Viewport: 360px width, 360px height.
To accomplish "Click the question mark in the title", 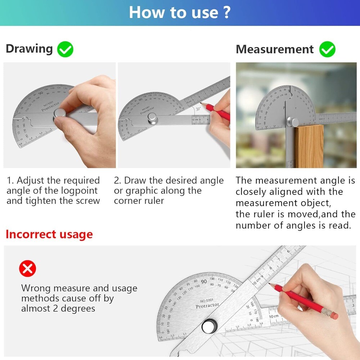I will click(x=226, y=12).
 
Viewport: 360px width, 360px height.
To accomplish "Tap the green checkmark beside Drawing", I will click(x=65, y=49).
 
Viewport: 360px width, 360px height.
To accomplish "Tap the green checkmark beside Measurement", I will click(x=327, y=49).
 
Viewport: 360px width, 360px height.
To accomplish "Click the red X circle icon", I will click(x=28, y=269).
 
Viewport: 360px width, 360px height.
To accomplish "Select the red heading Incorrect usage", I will click(x=49, y=234).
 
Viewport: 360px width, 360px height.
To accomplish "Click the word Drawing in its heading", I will click(x=29, y=49).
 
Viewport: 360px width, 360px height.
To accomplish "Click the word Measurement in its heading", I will click(x=275, y=49).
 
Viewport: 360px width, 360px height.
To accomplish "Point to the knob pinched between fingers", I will click(x=59, y=114).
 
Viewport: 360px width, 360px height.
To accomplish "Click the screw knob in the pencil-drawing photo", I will click(x=153, y=118).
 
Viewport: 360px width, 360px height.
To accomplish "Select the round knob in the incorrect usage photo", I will click(x=209, y=326).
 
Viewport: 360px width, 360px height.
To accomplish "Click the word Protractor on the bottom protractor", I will click(x=207, y=306).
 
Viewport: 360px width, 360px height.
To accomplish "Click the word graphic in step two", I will click(x=141, y=191).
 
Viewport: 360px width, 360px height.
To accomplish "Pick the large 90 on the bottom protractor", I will click(x=204, y=282).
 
